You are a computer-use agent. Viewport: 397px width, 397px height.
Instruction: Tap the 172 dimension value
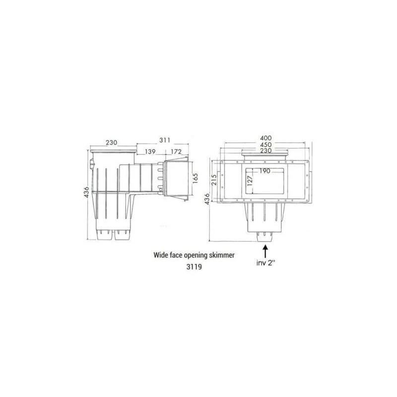176,151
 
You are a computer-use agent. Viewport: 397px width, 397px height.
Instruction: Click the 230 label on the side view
111,142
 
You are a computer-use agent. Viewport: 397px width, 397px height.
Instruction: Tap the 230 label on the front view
267,151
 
